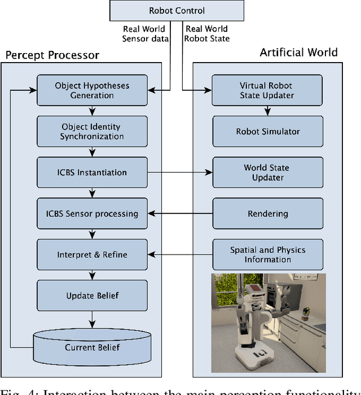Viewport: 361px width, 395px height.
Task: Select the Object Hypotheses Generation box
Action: [x=92, y=91]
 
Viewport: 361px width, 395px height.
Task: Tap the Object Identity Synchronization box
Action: [x=92, y=131]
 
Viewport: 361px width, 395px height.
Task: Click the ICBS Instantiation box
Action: [x=92, y=173]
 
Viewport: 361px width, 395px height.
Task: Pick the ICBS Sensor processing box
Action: [x=92, y=214]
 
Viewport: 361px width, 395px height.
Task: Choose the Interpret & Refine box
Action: [x=92, y=254]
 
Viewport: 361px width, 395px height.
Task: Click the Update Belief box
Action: [x=92, y=296]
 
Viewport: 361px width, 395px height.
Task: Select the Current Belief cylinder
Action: [x=92, y=346]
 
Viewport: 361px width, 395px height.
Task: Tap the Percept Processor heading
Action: [x=52, y=55]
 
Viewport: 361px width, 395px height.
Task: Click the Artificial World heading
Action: [x=298, y=52]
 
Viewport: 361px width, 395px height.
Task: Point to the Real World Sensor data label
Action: [x=144, y=34]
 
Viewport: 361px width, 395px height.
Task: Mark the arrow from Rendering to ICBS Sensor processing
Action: [x=179, y=214]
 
